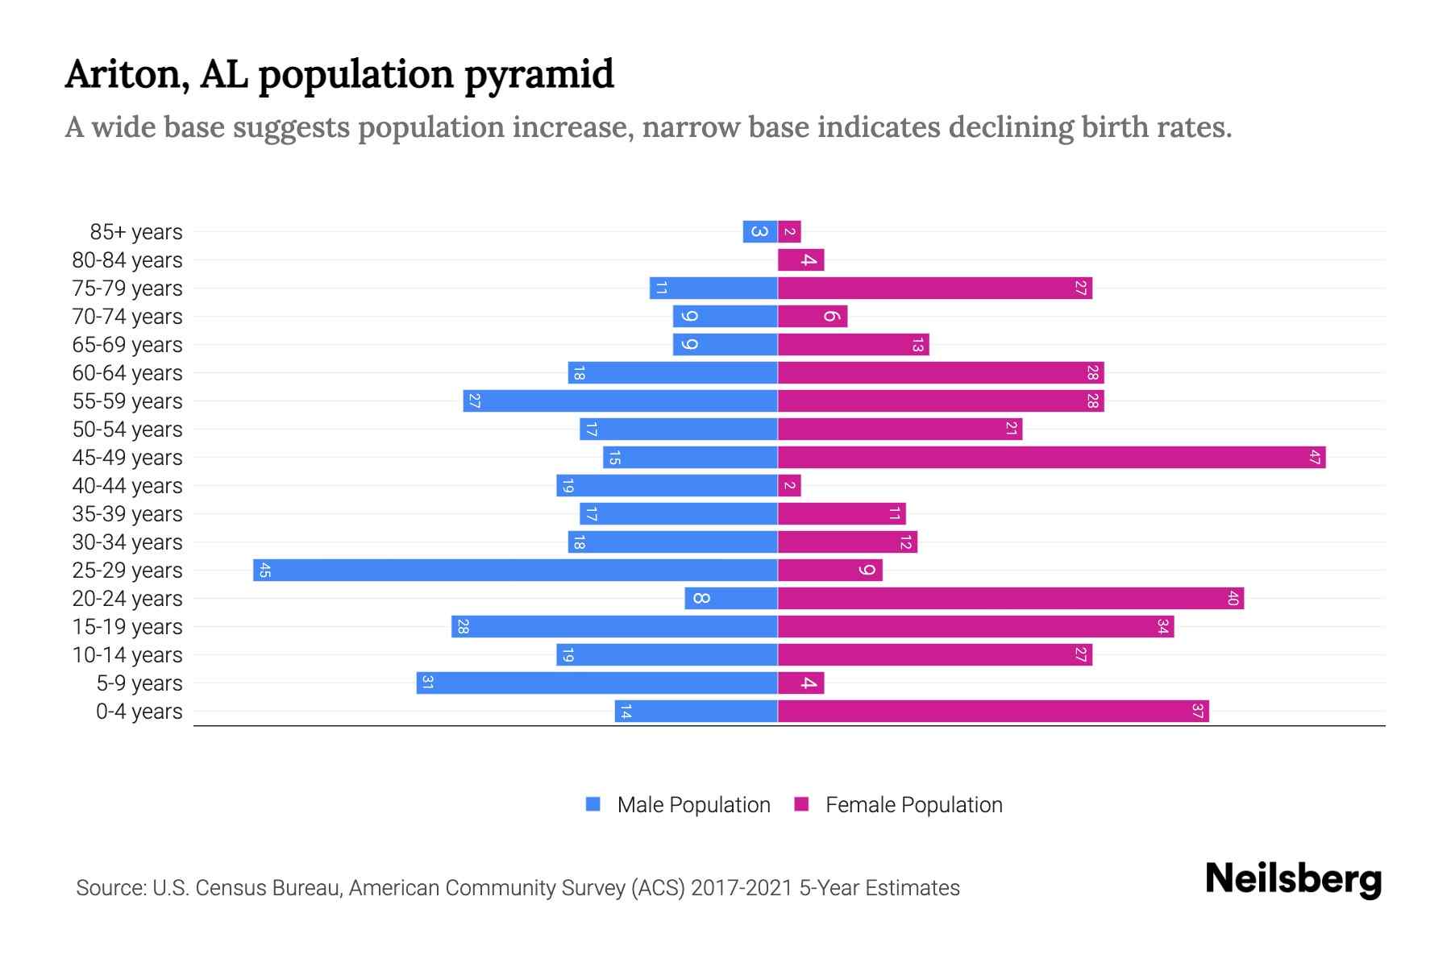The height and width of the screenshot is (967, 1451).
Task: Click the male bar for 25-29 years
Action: pos(516,571)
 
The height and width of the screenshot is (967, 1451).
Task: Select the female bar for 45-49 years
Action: pos(1051,458)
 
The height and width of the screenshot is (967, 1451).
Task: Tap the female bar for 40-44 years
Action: pos(789,486)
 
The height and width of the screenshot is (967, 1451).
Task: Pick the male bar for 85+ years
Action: pos(760,232)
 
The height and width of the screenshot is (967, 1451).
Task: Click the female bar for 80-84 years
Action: pos(800,260)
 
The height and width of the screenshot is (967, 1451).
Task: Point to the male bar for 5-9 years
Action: pos(597,683)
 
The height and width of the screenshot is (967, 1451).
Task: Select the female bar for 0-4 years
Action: pos(993,712)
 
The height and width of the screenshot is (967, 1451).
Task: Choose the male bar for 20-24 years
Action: pos(731,599)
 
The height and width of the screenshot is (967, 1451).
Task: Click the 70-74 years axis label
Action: pos(127,317)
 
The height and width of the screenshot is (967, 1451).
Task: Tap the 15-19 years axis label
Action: pos(127,627)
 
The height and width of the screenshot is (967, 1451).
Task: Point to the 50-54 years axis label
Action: pos(127,430)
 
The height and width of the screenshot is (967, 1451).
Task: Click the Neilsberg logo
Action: pos(1293,879)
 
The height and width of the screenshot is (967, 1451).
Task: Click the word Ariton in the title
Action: pos(127,74)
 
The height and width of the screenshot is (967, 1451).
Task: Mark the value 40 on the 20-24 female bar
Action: pos(1233,599)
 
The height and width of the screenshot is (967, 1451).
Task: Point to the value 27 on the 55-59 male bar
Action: pos(475,401)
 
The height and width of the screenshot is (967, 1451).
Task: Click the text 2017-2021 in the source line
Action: pos(742,888)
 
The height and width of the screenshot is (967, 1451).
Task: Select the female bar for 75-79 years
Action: pos(935,288)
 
